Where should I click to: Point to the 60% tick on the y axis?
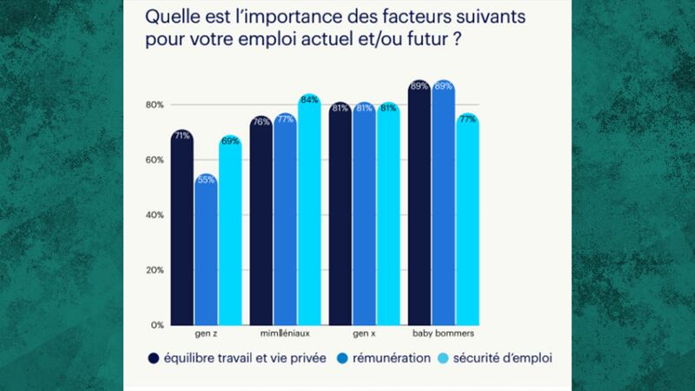[x=154, y=160]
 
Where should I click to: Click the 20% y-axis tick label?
[x=154, y=270]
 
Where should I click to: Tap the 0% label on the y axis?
[x=156, y=325]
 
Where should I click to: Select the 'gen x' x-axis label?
[x=364, y=333]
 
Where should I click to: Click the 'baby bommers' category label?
[x=443, y=333]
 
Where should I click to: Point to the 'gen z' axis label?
[x=206, y=333]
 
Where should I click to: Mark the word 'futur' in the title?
[x=440, y=40]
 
